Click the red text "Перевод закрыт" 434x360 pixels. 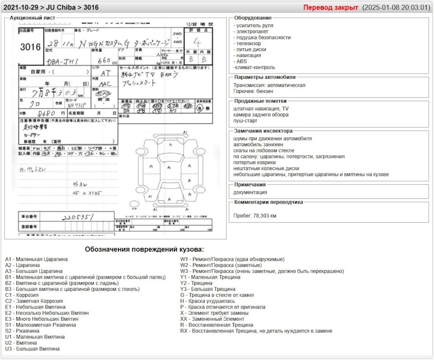pos(330,8)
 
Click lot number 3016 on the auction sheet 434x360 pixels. pos(30,47)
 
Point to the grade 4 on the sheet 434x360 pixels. pos(197,43)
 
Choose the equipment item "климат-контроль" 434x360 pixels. pos(254,67)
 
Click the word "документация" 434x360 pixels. pos(250,192)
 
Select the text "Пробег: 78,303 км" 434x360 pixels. pos(255,216)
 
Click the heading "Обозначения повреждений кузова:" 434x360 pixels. pos(144,249)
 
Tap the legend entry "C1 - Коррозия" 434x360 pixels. pos(22,295)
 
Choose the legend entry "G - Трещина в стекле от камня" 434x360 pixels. pos(217,295)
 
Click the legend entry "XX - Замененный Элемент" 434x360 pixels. pos(212,319)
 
